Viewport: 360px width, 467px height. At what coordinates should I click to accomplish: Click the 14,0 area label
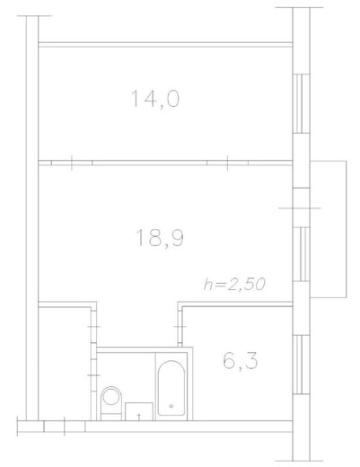click(x=155, y=100)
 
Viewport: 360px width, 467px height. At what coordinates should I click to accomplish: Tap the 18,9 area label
click(x=160, y=238)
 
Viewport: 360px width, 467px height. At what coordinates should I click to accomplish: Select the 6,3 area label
click(x=241, y=361)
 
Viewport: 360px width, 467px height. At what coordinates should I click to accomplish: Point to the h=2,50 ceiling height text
click(x=234, y=284)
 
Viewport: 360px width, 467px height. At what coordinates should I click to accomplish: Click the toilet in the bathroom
click(x=111, y=403)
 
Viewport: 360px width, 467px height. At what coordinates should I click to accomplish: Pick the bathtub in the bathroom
click(x=171, y=388)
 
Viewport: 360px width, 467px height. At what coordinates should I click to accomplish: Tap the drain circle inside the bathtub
click(x=171, y=406)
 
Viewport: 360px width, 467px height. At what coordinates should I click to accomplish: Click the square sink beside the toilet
click(x=139, y=411)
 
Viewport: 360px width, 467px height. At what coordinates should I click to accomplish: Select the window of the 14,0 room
click(x=301, y=103)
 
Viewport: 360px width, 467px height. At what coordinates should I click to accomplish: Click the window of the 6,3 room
click(x=301, y=365)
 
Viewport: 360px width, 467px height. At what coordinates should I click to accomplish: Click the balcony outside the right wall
click(x=329, y=229)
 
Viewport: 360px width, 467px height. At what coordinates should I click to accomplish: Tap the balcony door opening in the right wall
click(x=301, y=207)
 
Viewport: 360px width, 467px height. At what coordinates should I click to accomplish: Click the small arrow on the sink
click(x=139, y=417)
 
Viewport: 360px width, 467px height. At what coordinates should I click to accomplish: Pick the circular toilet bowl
click(x=111, y=397)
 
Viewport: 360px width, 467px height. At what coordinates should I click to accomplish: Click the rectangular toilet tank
click(x=111, y=417)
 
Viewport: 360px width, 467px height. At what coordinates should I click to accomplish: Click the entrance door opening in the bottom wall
click(x=65, y=427)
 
